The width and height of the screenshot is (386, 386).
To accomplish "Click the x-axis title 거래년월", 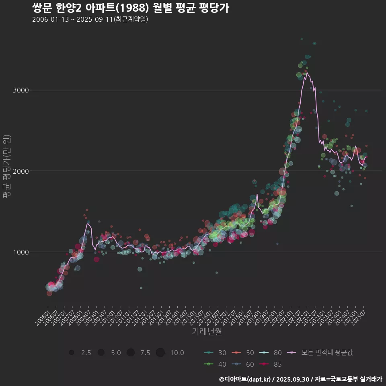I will click(207, 332).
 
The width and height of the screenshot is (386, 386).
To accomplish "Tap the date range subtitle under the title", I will click(90, 19).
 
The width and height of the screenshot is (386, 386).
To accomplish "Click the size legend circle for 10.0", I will click(160, 353).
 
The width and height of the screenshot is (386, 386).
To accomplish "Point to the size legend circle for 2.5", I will click(72, 353).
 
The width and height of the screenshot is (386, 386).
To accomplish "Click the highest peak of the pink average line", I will click(307, 73).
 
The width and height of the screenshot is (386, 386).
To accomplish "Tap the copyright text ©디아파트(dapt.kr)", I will click(245, 379).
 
